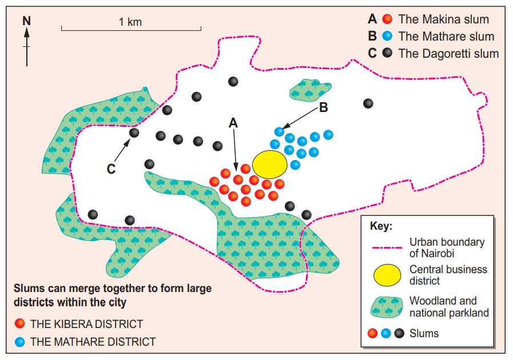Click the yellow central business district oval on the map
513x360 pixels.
click(x=269, y=164)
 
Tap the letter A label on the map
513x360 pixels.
click(x=233, y=122)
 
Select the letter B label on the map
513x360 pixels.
click(x=323, y=107)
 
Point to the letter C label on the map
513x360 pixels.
click(x=111, y=169)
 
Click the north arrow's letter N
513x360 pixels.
click(x=26, y=21)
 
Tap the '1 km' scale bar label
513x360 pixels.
click(x=130, y=22)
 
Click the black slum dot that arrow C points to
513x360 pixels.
click(x=134, y=133)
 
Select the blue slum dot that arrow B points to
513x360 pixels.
click(x=279, y=131)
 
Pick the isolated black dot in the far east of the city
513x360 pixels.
click(x=368, y=103)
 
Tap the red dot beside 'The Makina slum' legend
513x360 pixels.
click(x=388, y=19)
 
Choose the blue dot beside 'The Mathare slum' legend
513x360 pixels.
click(x=388, y=37)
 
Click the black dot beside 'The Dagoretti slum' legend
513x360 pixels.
click(x=388, y=54)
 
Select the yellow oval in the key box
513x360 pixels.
click(x=387, y=275)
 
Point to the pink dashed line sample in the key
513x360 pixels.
click(x=387, y=247)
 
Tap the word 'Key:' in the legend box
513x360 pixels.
click(x=381, y=226)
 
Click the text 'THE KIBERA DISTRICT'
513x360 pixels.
click(x=86, y=324)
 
